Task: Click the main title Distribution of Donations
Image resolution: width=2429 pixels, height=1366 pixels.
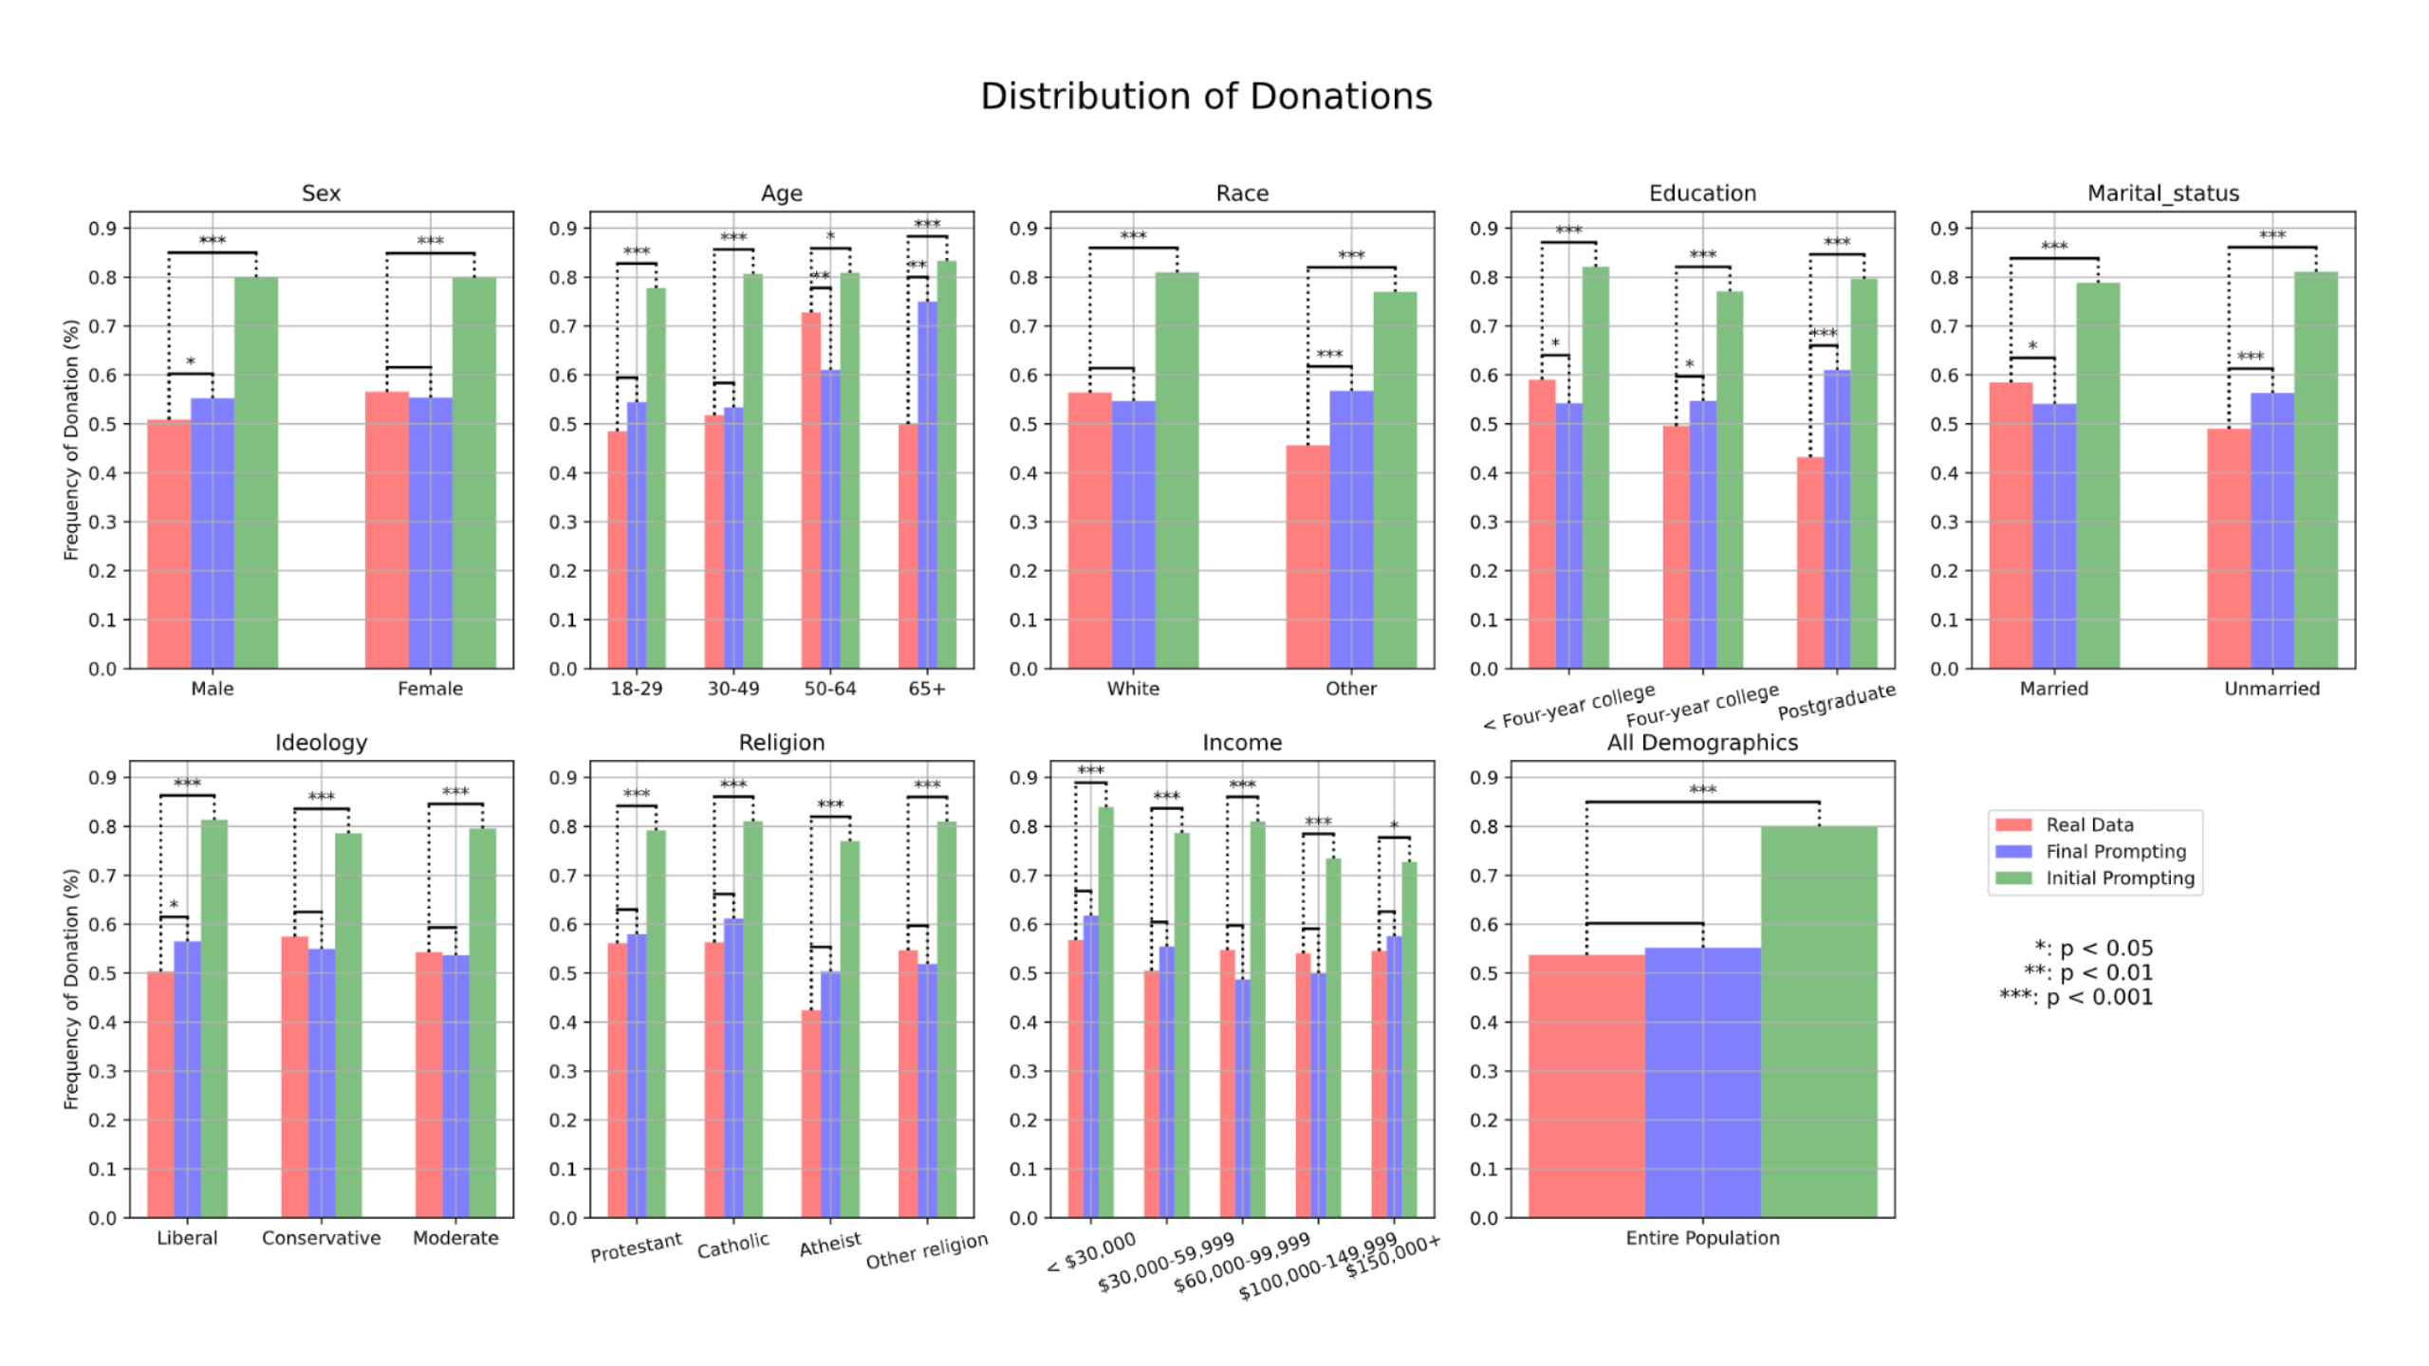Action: click(x=1206, y=97)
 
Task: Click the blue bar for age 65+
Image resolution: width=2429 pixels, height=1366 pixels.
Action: click(x=927, y=485)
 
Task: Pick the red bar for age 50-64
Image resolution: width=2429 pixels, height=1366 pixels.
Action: click(x=811, y=489)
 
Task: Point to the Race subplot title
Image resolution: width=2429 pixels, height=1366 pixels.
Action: click(x=1242, y=194)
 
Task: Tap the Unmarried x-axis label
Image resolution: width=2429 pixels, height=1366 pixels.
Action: click(x=2271, y=689)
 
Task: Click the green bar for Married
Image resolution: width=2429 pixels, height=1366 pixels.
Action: click(x=2098, y=475)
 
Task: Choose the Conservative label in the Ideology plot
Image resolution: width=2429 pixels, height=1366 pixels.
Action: click(x=321, y=1238)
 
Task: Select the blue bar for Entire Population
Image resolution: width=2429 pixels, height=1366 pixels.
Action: click(x=1702, y=1082)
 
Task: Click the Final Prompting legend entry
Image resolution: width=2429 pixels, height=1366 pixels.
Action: click(x=2115, y=852)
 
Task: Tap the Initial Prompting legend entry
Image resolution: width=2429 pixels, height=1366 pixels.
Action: click(x=2119, y=878)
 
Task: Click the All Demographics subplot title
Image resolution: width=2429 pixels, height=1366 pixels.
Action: click(x=1702, y=743)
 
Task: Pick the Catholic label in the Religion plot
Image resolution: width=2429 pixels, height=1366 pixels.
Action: click(x=733, y=1246)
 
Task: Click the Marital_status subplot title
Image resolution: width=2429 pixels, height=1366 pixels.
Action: click(x=2162, y=194)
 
